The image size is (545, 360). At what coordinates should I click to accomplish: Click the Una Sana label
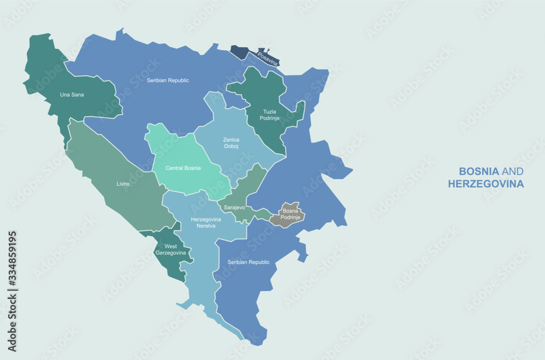[x=72, y=95]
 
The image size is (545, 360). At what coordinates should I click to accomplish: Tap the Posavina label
[x=267, y=58]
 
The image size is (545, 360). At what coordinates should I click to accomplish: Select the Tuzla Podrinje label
[x=266, y=115]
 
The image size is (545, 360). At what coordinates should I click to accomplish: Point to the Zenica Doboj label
[x=231, y=143]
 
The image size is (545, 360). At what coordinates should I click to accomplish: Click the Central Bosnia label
[x=183, y=168]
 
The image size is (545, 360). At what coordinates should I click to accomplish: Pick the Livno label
[x=123, y=184]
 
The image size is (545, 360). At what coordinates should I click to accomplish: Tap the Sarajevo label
[x=234, y=208]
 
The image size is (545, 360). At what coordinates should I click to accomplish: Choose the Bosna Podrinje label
[x=289, y=214]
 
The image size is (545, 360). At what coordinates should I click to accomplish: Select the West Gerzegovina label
[x=171, y=250]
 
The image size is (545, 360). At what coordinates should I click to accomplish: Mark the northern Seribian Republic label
[x=168, y=81]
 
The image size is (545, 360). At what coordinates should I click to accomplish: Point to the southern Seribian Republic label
[x=249, y=263]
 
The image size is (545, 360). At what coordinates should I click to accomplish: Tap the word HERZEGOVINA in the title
[x=486, y=184]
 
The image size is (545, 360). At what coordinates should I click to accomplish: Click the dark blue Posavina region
[x=240, y=52]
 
